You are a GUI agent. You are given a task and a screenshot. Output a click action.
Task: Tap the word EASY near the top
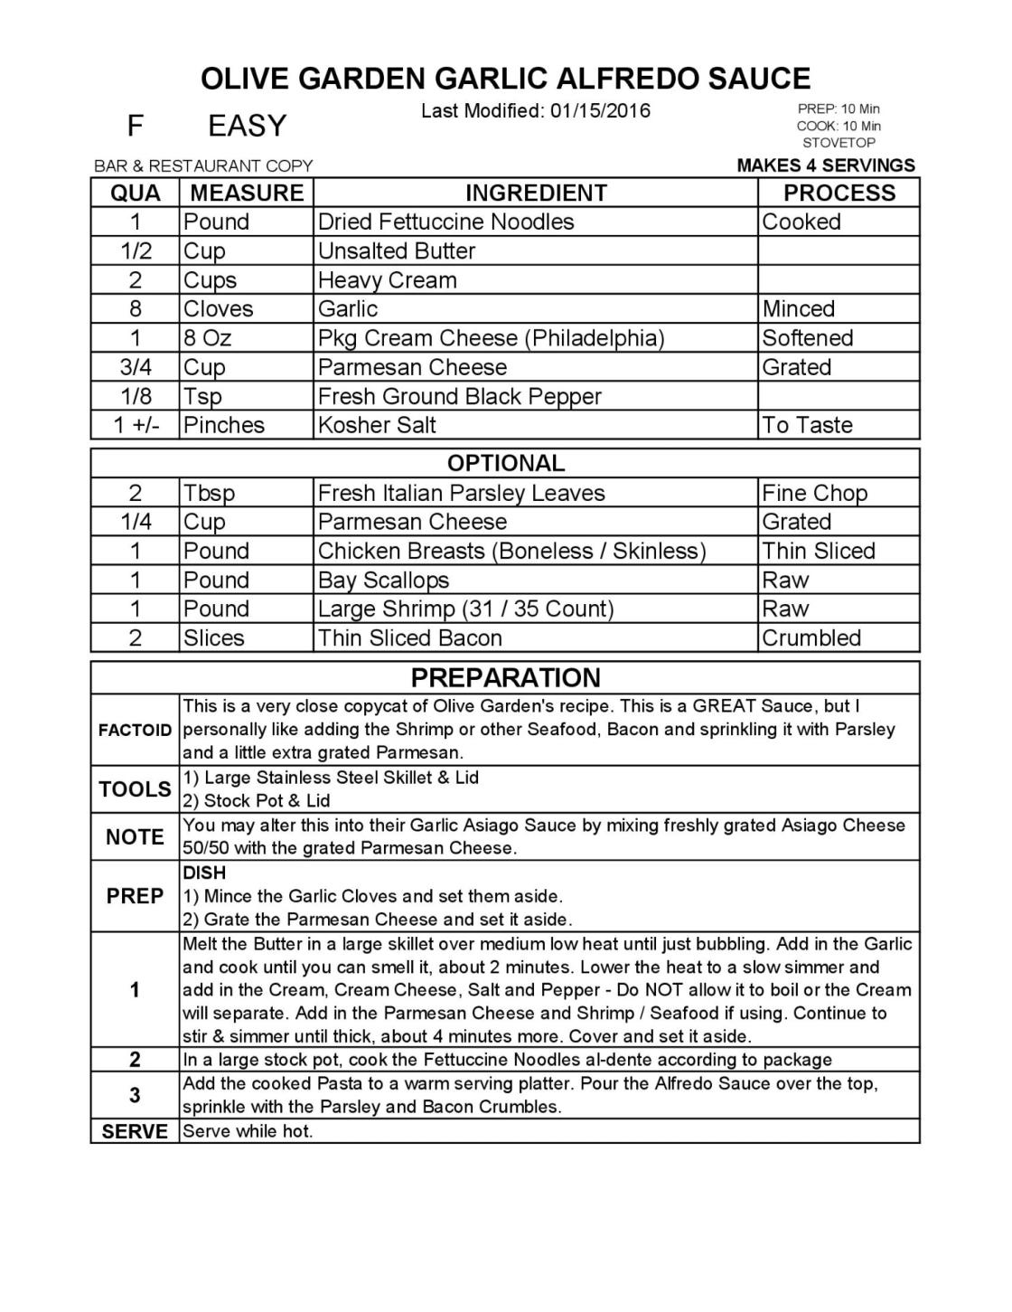point(247,126)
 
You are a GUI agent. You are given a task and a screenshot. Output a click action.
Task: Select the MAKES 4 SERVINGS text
point(826,165)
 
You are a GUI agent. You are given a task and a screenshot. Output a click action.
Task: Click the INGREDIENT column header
point(536,193)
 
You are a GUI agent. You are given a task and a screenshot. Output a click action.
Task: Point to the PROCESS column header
point(839,193)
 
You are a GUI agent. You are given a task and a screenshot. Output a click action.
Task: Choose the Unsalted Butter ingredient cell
point(397,251)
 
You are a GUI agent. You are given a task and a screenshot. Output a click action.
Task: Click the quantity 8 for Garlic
point(136,309)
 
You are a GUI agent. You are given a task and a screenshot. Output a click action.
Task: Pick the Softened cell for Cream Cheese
point(807,338)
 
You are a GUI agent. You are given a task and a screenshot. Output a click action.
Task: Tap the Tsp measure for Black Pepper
point(202,397)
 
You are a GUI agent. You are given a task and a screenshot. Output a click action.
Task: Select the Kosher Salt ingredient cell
point(377,426)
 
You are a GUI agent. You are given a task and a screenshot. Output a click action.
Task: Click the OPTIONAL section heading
point(506,463)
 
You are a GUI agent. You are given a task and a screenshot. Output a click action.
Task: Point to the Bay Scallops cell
point(383,580)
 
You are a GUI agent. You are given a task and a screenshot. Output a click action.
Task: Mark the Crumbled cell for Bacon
point(811,638)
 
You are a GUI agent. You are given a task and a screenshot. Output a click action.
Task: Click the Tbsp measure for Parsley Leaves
point(209,494)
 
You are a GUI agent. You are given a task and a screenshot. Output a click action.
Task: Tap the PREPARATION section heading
point(506,678)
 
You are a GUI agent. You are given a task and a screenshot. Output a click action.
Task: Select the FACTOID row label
point(135,731)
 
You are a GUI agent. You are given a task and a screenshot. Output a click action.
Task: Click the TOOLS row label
point(135,789)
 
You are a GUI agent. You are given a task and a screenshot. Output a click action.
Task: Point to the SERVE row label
point(135,1132)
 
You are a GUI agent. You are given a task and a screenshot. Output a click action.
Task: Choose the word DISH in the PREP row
point(204,873)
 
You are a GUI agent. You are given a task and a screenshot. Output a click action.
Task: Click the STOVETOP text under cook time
point(839,143)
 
